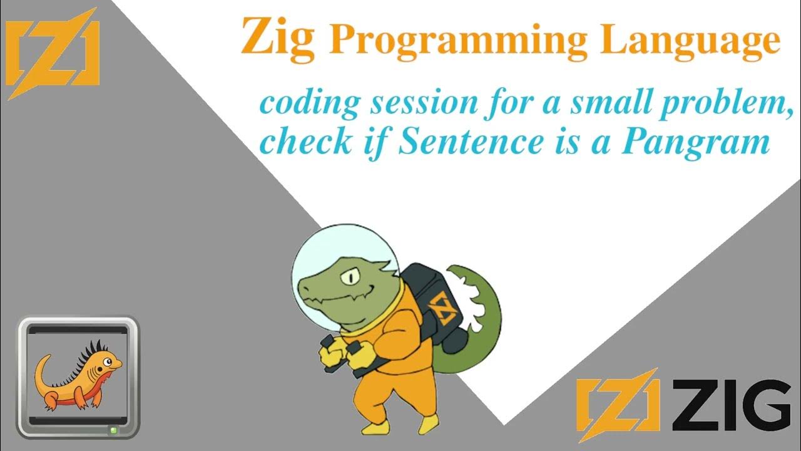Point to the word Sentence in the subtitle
(471, 142)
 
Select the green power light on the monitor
(113, 430)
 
